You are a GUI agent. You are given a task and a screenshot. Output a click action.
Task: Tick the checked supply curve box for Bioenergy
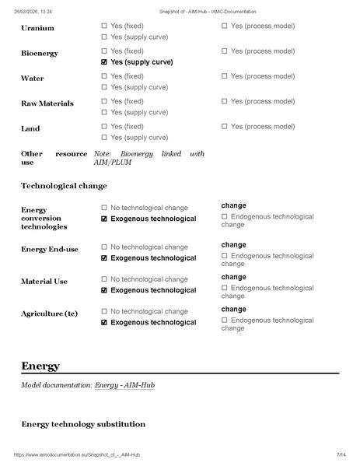(104, 62)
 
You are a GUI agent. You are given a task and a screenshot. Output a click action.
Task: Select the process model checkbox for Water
(225, 76)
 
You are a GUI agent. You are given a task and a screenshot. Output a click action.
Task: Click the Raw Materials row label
(46, 103)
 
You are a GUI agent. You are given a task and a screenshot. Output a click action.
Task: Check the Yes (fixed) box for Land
(104, 127)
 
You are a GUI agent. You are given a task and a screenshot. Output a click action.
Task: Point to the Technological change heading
(64, 186)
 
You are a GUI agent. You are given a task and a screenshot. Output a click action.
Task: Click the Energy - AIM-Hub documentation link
(124, 385)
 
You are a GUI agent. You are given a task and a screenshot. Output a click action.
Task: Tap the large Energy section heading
(40, 366)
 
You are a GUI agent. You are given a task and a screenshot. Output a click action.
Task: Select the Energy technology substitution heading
(83, 424)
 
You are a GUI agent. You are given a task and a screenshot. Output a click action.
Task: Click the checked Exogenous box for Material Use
(104, 291)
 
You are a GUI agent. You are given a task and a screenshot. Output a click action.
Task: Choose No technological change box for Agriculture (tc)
(104, 312)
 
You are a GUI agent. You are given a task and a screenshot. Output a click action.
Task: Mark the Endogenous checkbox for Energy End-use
(225, 256)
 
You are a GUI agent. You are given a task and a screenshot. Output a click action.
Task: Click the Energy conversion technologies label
(44, 218)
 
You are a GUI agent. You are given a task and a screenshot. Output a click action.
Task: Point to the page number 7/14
(341, 454)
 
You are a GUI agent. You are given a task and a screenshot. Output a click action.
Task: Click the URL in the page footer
(77, 454)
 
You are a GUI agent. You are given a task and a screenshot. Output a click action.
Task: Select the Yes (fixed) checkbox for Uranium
(104, 26)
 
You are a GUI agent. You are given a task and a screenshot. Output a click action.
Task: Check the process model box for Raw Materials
(225, 102)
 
